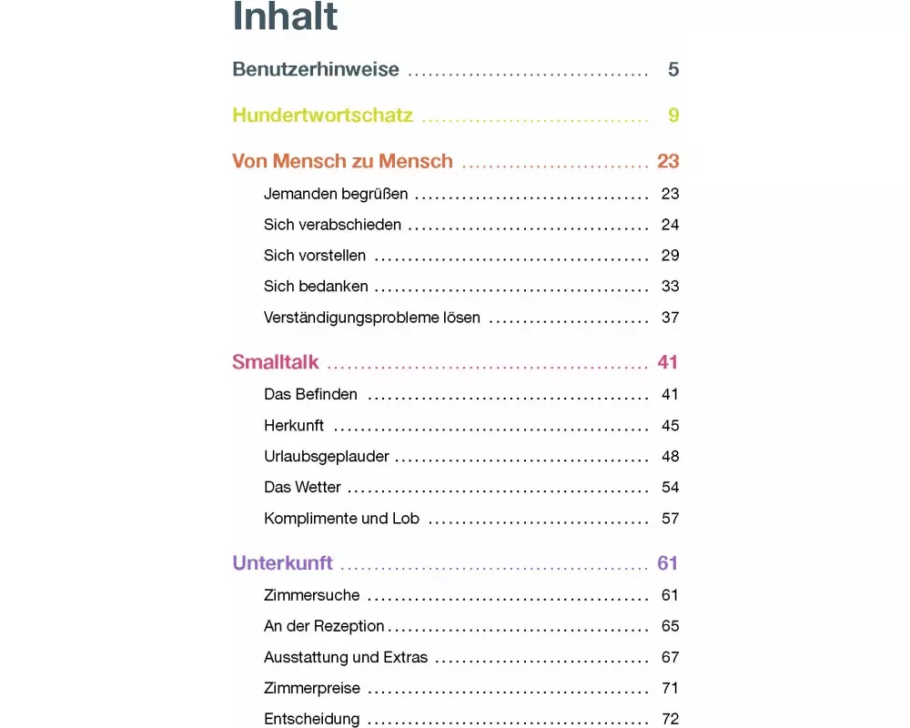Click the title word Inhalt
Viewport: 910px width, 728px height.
click(285, 16)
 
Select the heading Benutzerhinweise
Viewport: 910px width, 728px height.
click(316, 69)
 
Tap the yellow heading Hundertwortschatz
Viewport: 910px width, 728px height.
click(322, 116)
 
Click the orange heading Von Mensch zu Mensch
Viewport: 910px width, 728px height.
click(342, 162)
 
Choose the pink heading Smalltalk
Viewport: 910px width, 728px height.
click(276, 362)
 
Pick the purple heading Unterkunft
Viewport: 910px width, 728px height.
click(282, 563)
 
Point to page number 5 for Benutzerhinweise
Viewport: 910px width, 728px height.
click(673, 69)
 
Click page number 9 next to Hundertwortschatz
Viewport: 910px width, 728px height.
click(673, 116)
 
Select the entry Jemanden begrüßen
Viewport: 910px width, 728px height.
click(336, 194)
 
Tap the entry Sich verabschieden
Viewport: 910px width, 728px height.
click(332, 225)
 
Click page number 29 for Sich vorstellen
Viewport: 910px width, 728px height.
click(670, 256)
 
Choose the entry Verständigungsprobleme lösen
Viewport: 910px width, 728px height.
click(371, 318)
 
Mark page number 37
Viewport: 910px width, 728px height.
click(670, 318)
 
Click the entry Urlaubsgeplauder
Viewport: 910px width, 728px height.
click(327, 456)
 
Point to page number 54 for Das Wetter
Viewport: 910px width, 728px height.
click(670, 487)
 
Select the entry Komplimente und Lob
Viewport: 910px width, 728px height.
click(341, 518)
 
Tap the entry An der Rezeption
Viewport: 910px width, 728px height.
click(324, 626)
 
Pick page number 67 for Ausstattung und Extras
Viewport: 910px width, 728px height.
click(670, 657)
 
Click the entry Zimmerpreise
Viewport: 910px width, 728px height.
click(312, 688)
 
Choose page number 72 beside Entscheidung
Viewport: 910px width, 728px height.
click(670, 719)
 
